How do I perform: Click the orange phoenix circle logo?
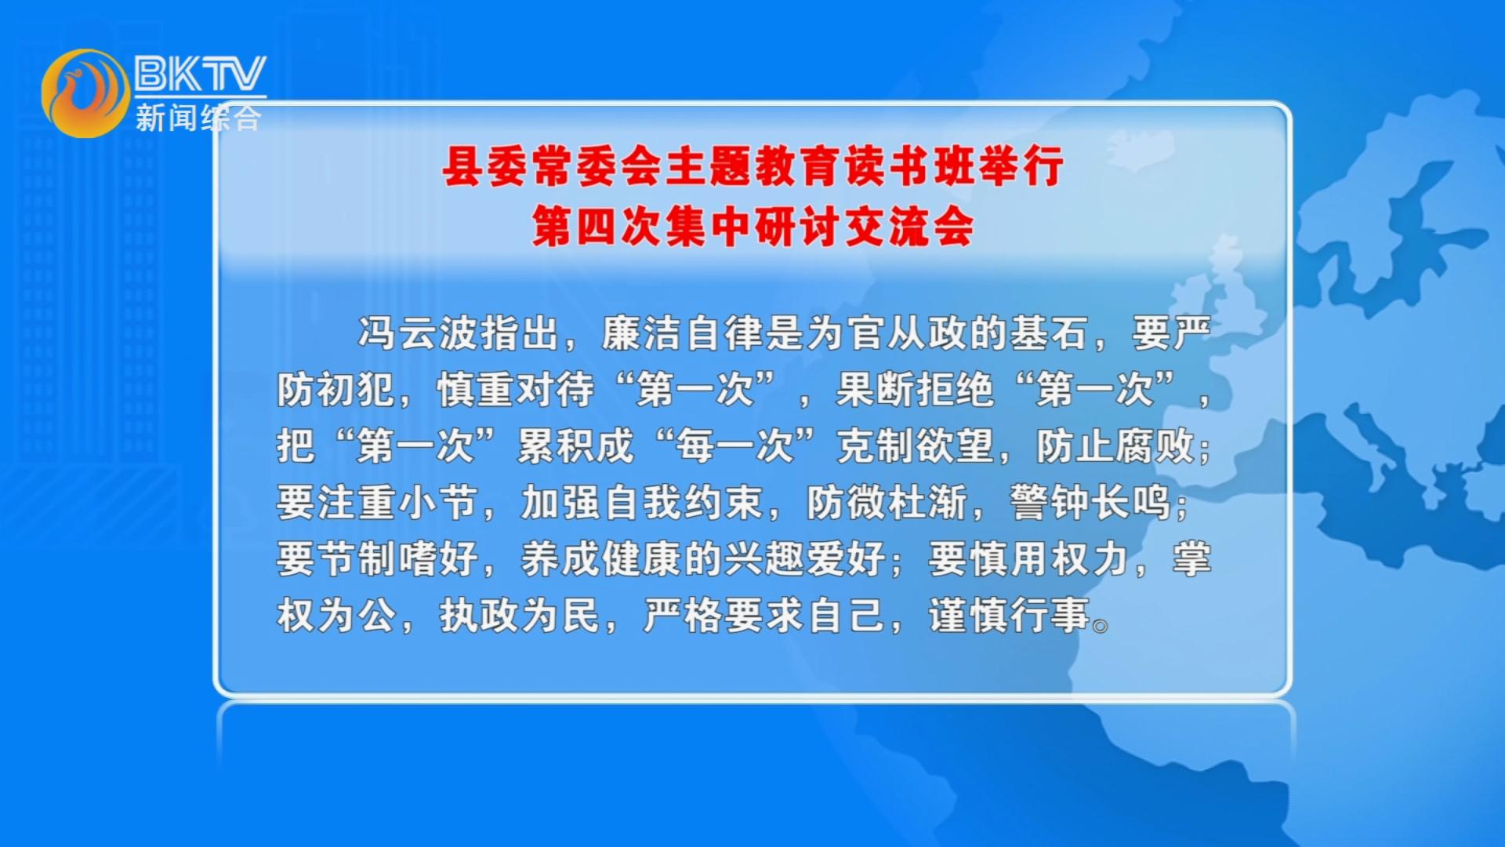[x=85, y=93]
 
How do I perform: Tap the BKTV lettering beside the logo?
[x=200, y=74]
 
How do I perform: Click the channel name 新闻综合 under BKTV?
[x=198, y=118]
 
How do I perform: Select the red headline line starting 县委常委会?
[x=752, y=166]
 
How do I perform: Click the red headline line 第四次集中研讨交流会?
[x=752, y=227]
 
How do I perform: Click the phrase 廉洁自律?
[x=681, y=333]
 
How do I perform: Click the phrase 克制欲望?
[x=916, y=446]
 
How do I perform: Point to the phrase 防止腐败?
[x=1115, y=446]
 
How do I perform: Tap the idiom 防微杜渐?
[x=887, y=503]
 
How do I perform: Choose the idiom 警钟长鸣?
[x=1090, y=503]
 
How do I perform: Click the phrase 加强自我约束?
[x=642, y=503]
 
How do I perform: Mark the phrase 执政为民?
[x=519, y=616]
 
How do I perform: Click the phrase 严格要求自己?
[x=763, y=616]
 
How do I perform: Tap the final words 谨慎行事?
[x=1010, y=616]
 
